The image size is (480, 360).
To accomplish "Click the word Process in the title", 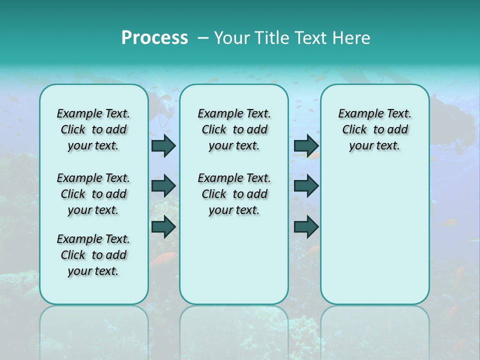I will point(154,37).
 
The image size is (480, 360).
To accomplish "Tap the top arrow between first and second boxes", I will point(163,145).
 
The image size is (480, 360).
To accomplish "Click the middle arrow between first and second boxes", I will point(163,186).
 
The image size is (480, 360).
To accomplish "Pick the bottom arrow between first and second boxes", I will point(163,226).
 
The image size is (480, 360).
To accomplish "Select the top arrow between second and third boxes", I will point(306,145).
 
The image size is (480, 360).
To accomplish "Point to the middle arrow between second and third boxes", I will point(306,186).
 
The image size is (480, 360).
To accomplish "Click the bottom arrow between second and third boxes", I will point(306,226).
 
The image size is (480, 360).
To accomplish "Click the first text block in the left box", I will point(93,129).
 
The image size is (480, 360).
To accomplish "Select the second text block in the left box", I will point(93,194).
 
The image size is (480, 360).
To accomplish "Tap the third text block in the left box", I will point(93,255).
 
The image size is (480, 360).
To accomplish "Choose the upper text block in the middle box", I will point(234,129).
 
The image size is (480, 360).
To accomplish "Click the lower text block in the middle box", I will point(234,194).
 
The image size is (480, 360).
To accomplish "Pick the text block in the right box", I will point(374,129).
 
